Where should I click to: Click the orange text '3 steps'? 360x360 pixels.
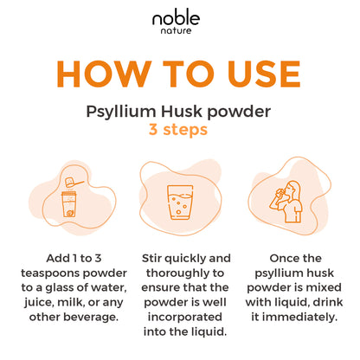click(180, 131)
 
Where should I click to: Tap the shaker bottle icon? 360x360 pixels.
click(67, 204)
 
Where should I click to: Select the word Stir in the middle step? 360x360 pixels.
click(155, 259)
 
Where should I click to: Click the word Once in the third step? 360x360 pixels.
click(281, 259)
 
